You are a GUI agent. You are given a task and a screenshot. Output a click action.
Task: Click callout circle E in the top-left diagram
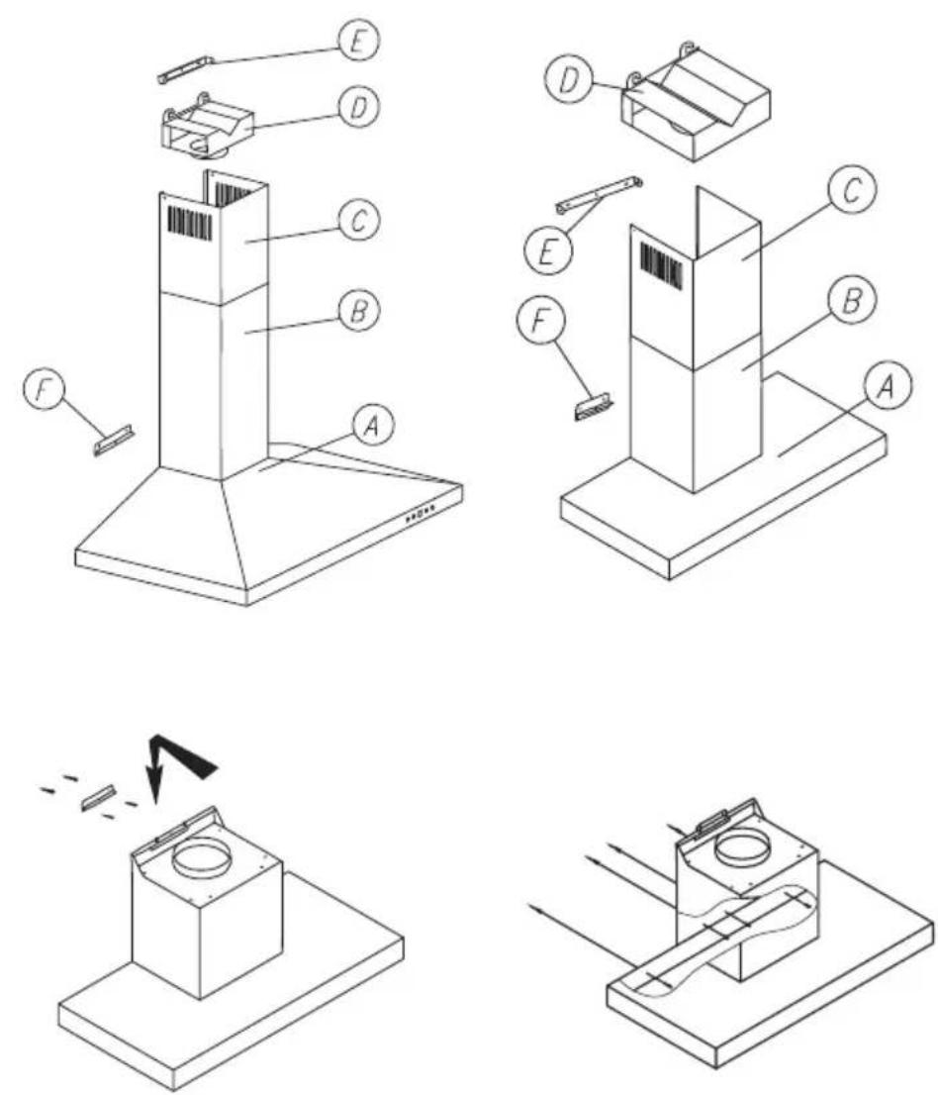click(x=359, y=43)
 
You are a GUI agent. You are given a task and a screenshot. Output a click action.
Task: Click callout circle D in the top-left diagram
click(x=359, y=108)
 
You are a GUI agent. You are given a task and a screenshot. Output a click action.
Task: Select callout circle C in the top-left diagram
click(x=359, y=220)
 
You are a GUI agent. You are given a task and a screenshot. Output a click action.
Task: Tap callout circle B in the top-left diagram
click(x=359, y=310)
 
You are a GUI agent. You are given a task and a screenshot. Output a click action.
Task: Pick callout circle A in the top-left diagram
click(x=372, y=426)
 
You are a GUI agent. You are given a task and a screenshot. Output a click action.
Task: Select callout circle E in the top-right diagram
click(x=546, y=252)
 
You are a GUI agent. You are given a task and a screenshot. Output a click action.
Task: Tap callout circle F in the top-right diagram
click(x=537, y=325)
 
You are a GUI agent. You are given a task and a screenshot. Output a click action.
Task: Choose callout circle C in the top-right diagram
click(x=850, y=191)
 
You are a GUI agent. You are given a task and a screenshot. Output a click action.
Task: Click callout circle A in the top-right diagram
click(x=885, y=386)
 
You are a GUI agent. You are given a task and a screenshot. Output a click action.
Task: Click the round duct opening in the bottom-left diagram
click(x=203, y=858)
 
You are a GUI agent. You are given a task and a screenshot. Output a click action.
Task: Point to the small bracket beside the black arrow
click(x=97, y=797)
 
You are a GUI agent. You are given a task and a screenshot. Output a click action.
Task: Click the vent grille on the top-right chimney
click(x=660, y=265)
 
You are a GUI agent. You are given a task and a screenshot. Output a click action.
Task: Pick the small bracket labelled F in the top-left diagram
click(x=115, y=440)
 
